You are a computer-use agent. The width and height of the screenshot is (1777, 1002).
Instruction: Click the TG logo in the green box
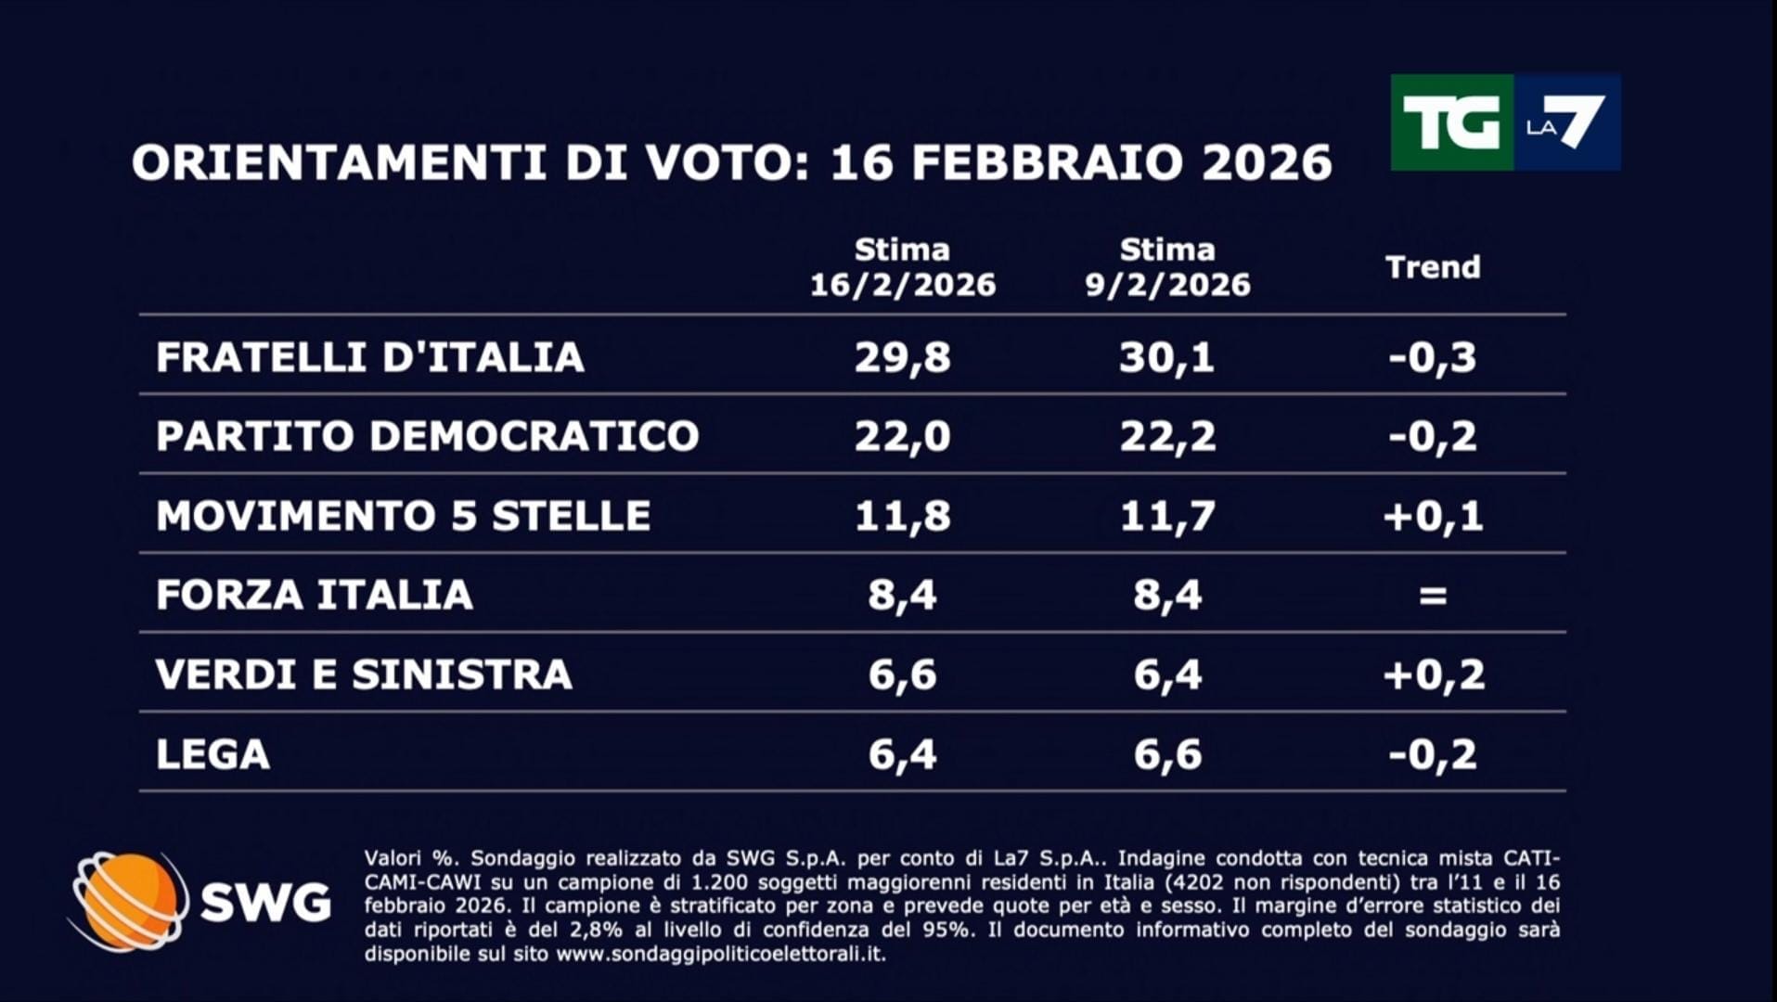point(1451,122)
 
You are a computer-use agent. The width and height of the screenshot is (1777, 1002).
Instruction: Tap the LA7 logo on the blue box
point(1566,122)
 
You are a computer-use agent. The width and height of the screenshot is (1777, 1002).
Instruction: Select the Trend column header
point(1433,267)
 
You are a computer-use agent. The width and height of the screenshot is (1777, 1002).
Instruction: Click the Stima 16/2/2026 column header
point(902,267)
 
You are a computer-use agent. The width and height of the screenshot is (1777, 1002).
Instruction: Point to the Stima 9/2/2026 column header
point(1167,267)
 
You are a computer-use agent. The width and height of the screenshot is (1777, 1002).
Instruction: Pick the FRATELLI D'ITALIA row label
point(369,357)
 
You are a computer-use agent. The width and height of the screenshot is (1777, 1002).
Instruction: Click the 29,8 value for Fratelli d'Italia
point(902,357)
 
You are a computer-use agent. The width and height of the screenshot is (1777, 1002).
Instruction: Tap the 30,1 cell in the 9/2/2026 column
point(1167,357)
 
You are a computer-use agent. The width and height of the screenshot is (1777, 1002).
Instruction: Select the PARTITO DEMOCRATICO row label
point(427,436)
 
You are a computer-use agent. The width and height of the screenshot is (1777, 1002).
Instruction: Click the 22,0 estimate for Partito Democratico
point(902,436)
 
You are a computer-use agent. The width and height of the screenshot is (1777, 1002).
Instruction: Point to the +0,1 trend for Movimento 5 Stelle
point(1433,516)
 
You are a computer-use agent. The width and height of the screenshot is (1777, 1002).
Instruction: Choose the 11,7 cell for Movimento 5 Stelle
point(1167,516)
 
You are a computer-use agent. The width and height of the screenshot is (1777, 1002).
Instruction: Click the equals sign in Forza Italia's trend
point(1433,595)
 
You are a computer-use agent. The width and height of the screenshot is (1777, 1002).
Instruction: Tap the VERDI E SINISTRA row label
point(364,674)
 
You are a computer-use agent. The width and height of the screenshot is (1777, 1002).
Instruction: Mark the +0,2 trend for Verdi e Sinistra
point(1433,674)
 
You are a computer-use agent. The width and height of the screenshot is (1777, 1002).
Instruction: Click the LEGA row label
point(212,754)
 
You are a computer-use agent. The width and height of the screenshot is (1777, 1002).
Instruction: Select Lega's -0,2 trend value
point(1433,754)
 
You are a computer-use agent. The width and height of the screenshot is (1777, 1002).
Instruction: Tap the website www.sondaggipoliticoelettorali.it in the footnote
point(719,954)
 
